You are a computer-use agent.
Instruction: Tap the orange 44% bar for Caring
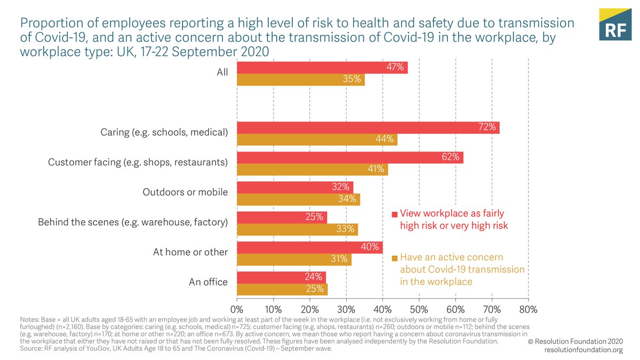point(317,139)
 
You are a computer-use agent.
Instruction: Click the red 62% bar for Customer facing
point(349,157)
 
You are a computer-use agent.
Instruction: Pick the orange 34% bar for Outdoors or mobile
point(298,199)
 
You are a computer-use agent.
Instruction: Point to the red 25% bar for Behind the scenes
point(282,217)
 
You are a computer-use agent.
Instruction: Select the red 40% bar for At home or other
point(309,247)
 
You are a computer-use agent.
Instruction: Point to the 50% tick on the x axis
point(419,309)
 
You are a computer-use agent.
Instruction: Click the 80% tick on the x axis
point(528,309)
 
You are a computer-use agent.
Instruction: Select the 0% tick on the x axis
point(237,309)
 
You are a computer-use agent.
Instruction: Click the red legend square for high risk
point(394,214)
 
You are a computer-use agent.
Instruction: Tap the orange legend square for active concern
point(394,258)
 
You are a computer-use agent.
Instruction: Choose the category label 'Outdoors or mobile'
point(185,192)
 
